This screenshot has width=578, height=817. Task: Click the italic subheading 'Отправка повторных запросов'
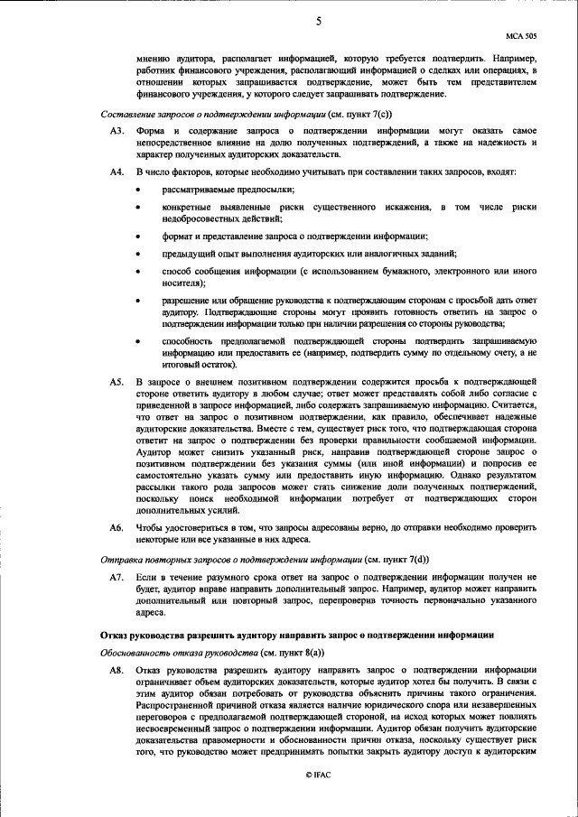click(211, 559)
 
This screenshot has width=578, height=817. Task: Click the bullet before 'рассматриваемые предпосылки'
click(137, 190)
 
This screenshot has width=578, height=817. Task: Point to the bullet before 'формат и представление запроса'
click(137, 237)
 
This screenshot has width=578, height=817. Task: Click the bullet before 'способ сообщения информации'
click(137, 272)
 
